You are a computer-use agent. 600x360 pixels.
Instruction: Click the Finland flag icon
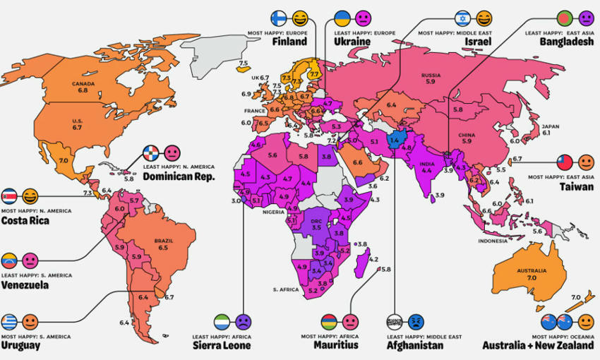point(279,18)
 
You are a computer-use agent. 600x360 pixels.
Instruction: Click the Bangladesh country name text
point(569,42)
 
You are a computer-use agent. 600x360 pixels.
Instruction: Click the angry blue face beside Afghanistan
point(416,322)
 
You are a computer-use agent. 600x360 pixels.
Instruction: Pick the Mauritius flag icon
point(329,322)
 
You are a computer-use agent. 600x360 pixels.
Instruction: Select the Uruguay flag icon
point(9,322)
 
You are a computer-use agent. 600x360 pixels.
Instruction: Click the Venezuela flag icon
point(9,260)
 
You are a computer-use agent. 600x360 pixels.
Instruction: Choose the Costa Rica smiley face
point(30,196)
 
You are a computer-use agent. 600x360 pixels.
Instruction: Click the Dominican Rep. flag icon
point(151,152)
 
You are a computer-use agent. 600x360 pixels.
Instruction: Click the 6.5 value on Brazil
point(164,248)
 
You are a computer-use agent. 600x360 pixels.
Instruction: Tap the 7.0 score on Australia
point(531,279)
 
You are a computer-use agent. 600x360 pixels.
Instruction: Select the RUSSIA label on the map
point(431,75)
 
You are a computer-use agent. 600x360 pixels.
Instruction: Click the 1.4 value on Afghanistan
point(394,141)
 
